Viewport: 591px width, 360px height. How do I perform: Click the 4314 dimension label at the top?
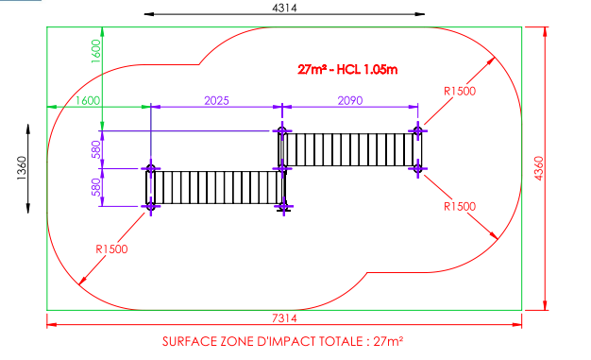(284, 8)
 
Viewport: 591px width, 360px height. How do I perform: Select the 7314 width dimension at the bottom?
(284, 318)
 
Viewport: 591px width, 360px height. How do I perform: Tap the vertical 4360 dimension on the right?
(539, 168)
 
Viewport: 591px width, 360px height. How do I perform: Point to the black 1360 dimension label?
(23, 168)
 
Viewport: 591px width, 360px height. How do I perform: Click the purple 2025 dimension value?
(217, 100)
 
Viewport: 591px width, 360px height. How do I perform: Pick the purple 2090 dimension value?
(350, 100)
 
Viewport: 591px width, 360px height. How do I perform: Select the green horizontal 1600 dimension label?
(88, 100)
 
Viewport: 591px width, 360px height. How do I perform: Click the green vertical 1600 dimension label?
(96, 51)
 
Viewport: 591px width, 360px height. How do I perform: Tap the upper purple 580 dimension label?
(96, 149)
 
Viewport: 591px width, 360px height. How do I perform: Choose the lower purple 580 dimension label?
(96, 187)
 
